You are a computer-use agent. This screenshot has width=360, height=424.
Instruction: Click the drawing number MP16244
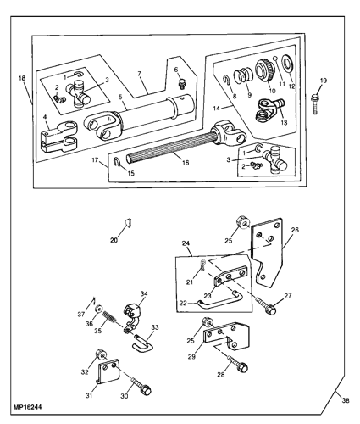pos(27,407)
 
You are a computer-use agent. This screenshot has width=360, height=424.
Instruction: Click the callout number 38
pos(346,400)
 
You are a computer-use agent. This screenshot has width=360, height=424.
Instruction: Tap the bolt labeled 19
pos(315,104)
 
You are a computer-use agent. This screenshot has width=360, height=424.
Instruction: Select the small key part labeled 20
pos(128,223)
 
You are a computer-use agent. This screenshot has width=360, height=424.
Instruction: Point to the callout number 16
pos(186,163)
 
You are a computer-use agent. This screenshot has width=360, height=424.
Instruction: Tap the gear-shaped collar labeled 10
pos(263,70)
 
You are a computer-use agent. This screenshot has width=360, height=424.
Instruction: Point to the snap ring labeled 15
pos(118,162)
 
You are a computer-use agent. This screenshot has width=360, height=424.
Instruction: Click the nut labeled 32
pos(101,354)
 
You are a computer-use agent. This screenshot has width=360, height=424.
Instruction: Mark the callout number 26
pos(295,230)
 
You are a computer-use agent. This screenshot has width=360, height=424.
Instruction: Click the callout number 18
pos(22,78)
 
